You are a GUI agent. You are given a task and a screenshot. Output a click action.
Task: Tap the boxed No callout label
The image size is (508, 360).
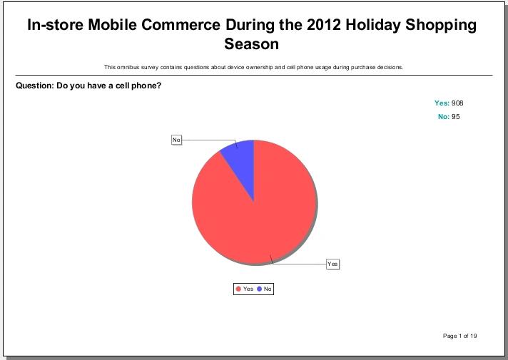(x=176, y=140)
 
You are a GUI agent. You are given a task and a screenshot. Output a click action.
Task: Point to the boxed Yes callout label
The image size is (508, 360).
(x=332, y=264)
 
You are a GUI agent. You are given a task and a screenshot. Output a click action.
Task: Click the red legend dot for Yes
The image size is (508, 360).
(x=238, y=289)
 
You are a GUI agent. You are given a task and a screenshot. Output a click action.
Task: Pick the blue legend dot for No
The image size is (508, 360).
(x=259, y=289)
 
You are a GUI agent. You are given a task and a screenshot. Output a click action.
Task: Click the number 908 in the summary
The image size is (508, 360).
(x=457, y=103)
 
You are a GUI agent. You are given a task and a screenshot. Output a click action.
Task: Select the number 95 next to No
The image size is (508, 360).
(x=455, y=116)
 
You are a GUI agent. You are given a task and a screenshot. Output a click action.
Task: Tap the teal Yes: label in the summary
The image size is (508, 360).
(x=442, y=103)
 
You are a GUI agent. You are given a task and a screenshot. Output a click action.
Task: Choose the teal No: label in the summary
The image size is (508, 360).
(x=444, y=116)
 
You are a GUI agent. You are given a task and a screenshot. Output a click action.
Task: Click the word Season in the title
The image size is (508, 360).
(x=251, y=43)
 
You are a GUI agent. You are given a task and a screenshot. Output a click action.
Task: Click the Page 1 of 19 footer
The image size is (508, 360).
(x=459, y=336)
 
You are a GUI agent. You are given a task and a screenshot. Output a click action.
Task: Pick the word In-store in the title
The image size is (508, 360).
(x=55, y=25)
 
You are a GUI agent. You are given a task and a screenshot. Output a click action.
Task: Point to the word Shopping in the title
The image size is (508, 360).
(x=441, y=25)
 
